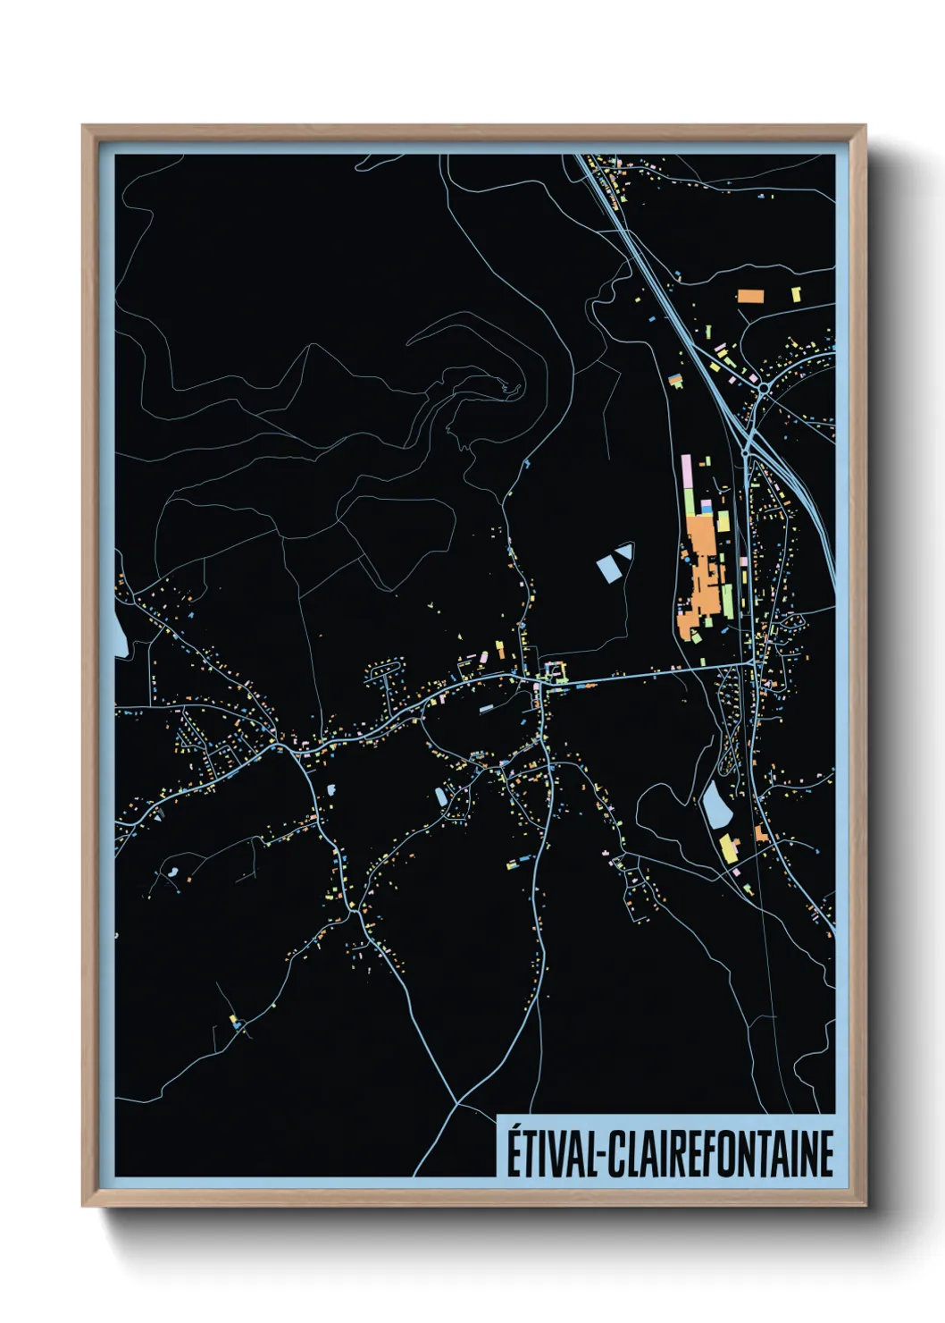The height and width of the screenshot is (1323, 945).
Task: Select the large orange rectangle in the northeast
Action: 749,295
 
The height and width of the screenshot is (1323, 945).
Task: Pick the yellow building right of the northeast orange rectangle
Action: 796,293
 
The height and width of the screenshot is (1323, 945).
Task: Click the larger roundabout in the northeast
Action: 764,389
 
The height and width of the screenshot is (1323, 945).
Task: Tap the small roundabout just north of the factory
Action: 745,454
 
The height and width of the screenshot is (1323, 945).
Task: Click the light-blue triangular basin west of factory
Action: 624,552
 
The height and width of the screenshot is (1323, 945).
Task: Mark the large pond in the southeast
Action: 715,804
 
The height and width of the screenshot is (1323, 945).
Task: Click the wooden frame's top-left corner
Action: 84,127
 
